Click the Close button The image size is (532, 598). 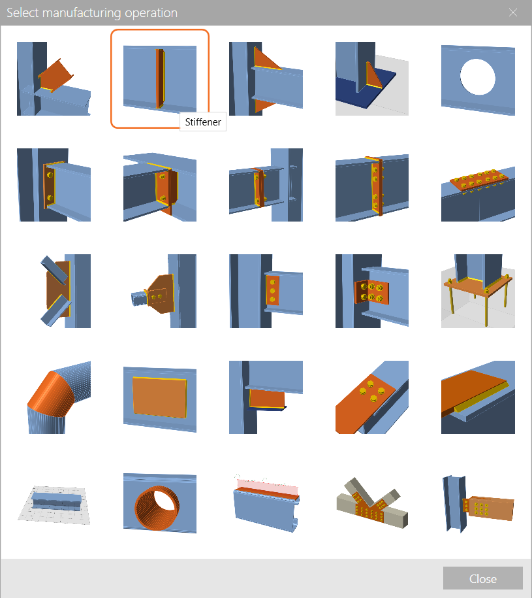point(482,578)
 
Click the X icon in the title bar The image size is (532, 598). point(513,12)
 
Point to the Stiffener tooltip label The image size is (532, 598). point(203,122)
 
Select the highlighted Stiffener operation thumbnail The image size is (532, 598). point(160,78)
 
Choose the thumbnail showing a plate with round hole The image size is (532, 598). point(478,79)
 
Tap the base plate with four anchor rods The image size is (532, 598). point(478,291)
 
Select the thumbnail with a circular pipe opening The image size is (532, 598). point(160,503)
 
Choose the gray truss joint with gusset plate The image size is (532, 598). point(372,503)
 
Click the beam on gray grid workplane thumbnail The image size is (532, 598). point(54,504)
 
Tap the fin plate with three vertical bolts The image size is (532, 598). point(266,291)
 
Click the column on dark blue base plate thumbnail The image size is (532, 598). point(372,79)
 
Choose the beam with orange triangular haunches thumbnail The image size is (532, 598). point(266,79)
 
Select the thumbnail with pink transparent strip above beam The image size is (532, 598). point(266,503)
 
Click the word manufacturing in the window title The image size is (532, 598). point(82,12)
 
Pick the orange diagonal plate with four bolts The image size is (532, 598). point(372,397)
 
